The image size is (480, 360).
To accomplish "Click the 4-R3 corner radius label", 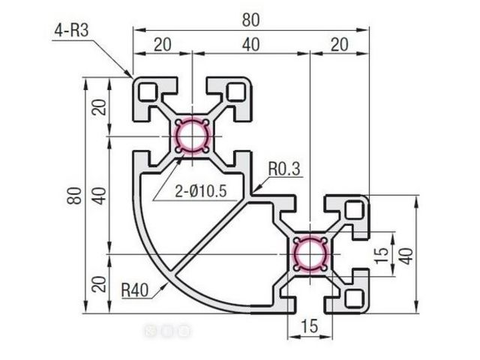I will (x=71, y=31).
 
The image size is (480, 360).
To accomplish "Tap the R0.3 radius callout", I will (x=284, y=170).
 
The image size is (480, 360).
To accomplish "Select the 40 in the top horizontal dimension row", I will (x=250, y=44).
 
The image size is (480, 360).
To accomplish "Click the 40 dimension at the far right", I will (x=406, y=255).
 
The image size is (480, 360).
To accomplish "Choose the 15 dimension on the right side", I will (x=382, y=255).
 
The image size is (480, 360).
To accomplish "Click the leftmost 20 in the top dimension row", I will (x=163, y=44).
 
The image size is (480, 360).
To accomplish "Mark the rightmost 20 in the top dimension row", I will (x=339, y=44).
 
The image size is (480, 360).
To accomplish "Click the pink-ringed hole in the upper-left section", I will (x=192, y=136).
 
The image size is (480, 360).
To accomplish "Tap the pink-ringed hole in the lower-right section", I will (x=310, y=254).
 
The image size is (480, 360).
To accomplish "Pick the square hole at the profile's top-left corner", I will (x=148, y=91).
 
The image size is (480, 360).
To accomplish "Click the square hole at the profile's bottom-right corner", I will (x=354, y=298).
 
